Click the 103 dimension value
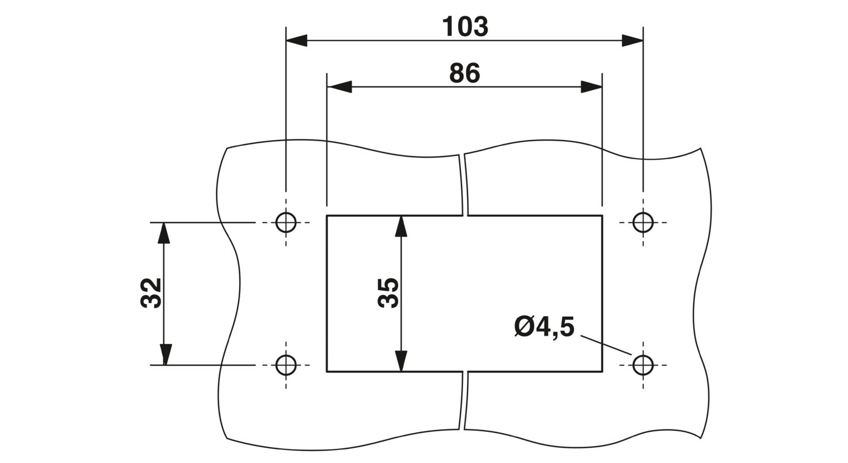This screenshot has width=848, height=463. point(465,27)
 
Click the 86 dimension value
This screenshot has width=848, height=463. point(465,73)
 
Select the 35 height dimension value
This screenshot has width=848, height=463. point(388,293)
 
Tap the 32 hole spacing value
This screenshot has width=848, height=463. point(151,293)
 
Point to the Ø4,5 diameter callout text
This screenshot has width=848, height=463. point(544,327)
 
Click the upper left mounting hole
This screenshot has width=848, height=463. point(286,222)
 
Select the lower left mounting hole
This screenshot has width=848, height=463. point(286,365)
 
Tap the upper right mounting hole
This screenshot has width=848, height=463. point(643,222)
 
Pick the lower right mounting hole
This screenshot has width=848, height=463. point(643,365)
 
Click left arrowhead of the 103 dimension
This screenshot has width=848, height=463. point(296,41)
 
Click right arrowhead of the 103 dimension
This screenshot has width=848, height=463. point(633,41)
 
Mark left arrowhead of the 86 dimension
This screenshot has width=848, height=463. point(339,87)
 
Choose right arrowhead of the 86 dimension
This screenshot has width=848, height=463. point(591,87)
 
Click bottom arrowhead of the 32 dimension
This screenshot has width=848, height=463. point(164,355)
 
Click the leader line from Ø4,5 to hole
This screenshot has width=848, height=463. point(605,345)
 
